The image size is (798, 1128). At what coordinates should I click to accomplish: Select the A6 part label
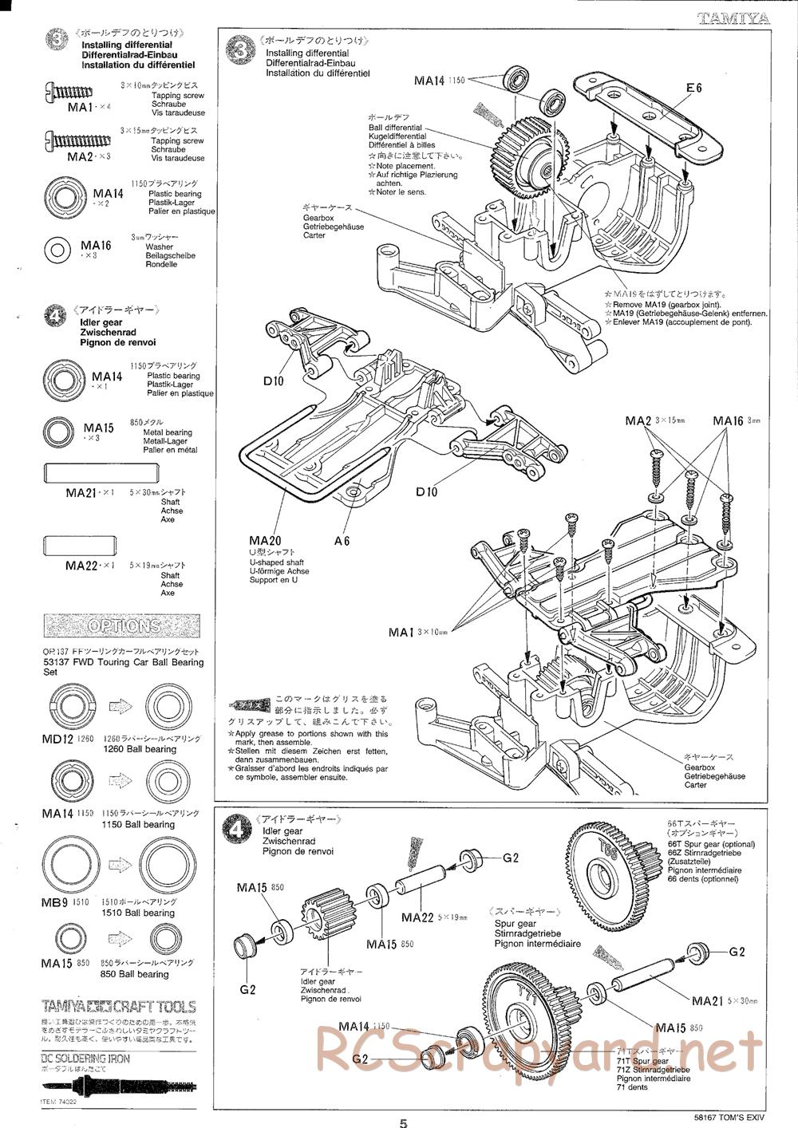pos(342,541)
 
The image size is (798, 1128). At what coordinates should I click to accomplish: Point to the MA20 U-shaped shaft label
pos(263,541)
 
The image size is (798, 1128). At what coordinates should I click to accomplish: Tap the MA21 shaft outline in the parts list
pos(84,473)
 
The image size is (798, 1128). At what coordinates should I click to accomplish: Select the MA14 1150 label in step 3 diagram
pos(439,80)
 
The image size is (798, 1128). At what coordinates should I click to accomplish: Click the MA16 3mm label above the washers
pos(735,421)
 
